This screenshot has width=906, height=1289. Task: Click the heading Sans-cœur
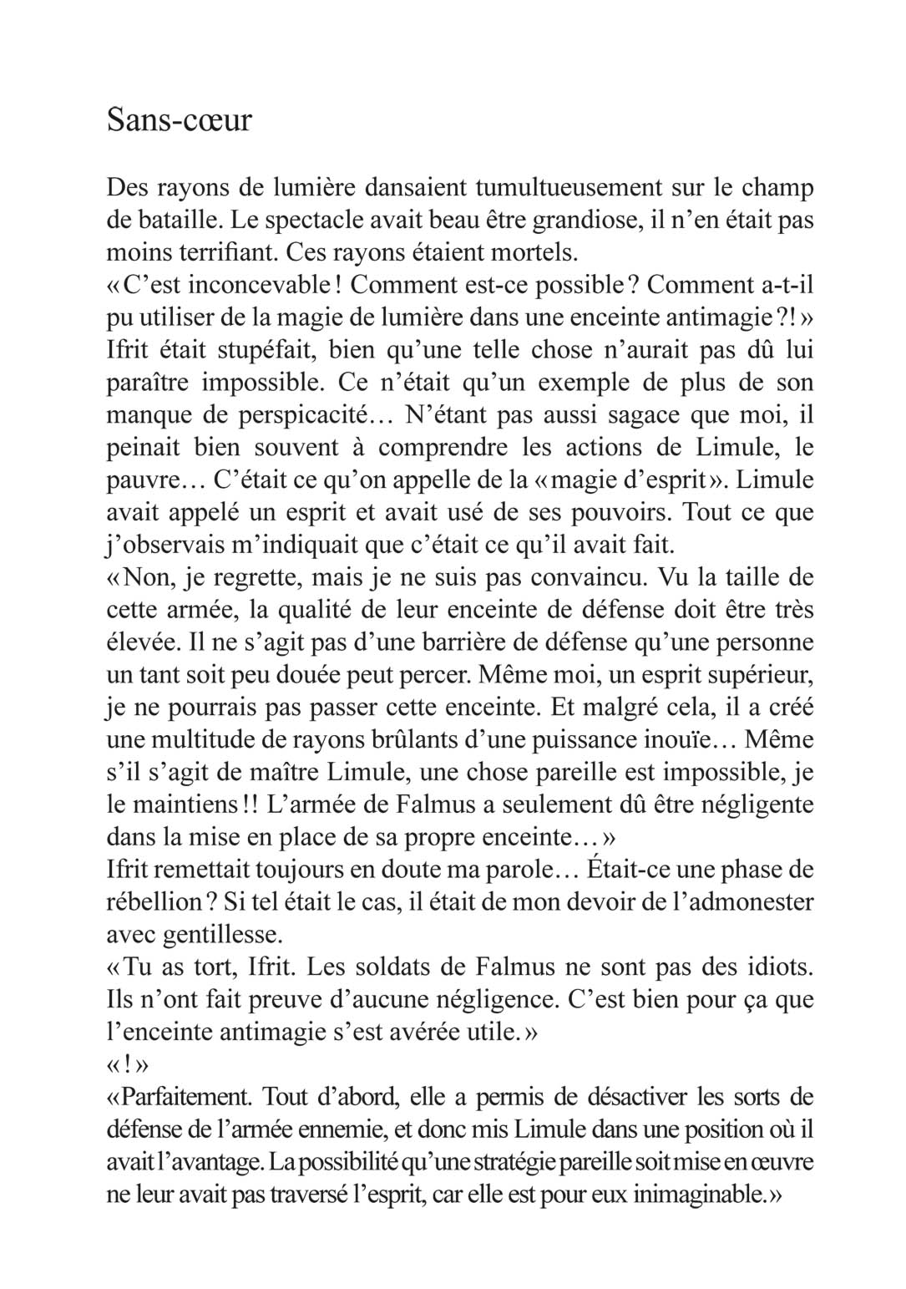click(x=179, y=120)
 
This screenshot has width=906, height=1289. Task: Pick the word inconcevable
click(x=260, y=285)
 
